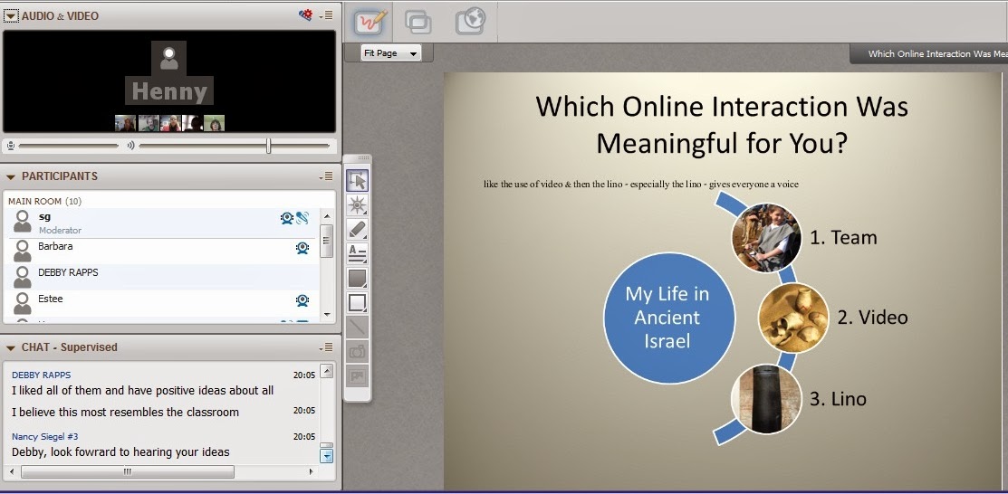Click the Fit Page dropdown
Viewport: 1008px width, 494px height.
pyautogui.click(x=391, y=53)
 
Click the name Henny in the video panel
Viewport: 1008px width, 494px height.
pyautogui.click(x=169, y=91)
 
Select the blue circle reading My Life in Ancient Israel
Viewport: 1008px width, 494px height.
pyautogui.click(x=668, y=318)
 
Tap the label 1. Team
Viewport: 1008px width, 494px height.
pyautogui.click(x=843, y=238)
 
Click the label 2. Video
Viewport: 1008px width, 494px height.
pyautogui.click(x=872, y=318)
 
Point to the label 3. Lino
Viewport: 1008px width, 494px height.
pyautogui.click(x=838, y=399)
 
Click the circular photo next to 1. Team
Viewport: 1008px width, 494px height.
pyautogui.click(x=766, y=238)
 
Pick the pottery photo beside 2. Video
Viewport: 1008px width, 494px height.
pyautogui.click(x=793, y=318)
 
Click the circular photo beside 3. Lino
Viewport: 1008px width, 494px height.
pyautogui.click(x=766, y=399)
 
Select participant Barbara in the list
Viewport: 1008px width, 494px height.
pyautogui.click(x=55, y=246)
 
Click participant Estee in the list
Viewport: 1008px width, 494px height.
pyautogui.click(x=50, y=299)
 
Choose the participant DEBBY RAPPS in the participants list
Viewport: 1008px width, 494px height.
pyautogui.click(x=68, y=272)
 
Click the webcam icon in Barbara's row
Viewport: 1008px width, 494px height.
pyautogui.click(x=302, y=248)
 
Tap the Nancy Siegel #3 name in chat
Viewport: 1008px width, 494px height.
pyautogui.click(x=45, y=437)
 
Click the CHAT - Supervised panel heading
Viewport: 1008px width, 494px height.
pyautogui.click(x=70, y=347)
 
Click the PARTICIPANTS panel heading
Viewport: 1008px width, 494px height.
pyautogui.click(x=60, y=176)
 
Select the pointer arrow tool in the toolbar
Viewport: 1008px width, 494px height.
pyautogui.click(x=358, y=181)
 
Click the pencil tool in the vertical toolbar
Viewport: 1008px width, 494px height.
pyautogui.click(x=358, y=229)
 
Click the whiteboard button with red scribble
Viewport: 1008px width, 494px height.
pyautogui.click(x=371, y=22)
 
